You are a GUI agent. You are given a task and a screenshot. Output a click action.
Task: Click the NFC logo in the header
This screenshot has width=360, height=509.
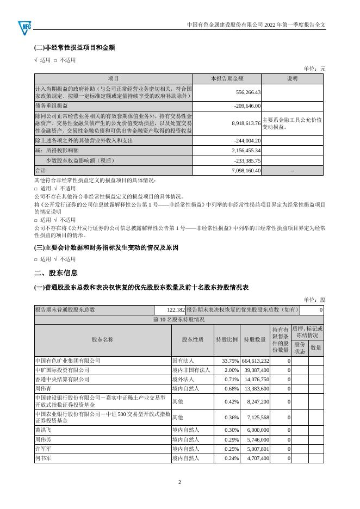click(x=25, y=26)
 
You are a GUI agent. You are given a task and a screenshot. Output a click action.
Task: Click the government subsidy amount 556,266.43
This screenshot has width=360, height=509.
click(x=246, y=92)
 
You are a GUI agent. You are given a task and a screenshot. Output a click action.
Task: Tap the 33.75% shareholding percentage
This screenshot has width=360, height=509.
click(x=231, y=361)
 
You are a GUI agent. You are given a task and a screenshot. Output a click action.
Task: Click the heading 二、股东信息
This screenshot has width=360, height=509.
click(x=55, y=273)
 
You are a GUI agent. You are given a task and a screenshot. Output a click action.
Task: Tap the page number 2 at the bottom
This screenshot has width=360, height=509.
click(x=179, y=482)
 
